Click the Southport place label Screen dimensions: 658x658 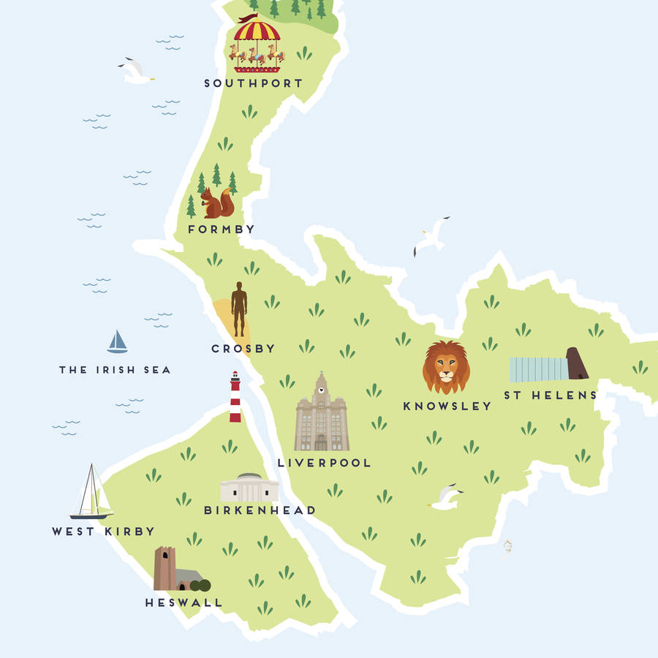(x=253, y=83)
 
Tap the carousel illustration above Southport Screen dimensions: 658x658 (x=257, y=45)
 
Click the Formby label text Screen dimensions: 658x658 (x=221, y=230)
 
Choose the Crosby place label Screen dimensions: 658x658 (x=243, y=349)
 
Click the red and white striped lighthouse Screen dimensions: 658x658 (x=235, y=397)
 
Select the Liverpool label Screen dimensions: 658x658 (x=324, y=463)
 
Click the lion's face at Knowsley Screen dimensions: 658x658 (x=446, y=368)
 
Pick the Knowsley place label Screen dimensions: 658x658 (x=447, y=406)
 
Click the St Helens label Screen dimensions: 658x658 (x=550, y=396)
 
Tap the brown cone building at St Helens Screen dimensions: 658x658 (x=576, y=363)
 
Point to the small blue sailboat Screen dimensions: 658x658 (x=117, y=341)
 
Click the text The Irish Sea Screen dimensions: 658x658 (x=115, y=370)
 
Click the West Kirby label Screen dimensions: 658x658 (x=103, y=532)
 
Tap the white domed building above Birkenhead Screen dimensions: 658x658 (x=249, y=488)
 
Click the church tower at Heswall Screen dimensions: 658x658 (x=164, y=568)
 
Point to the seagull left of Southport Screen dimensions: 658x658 (x=136, y=71)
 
